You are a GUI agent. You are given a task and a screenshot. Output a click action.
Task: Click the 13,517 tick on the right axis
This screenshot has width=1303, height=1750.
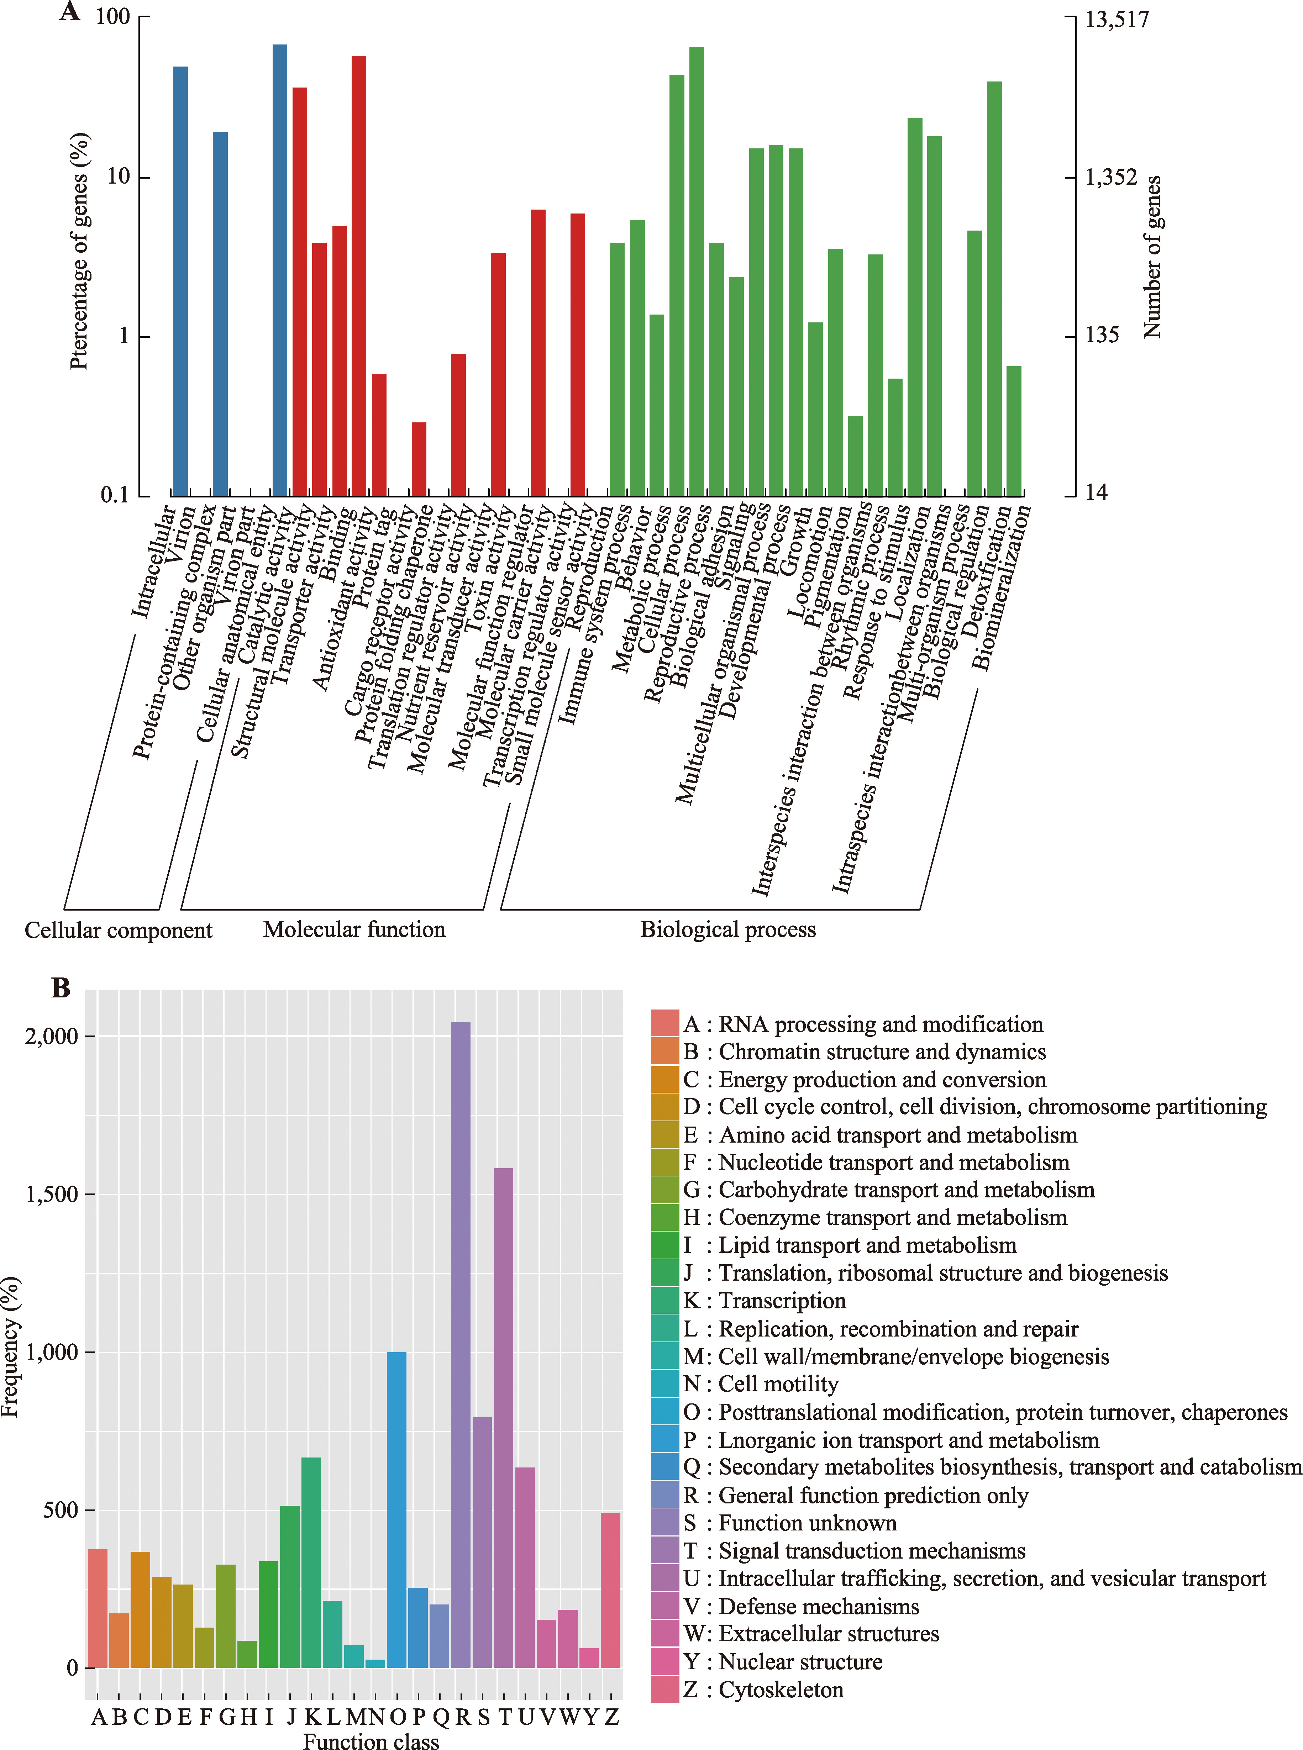[1117, 19]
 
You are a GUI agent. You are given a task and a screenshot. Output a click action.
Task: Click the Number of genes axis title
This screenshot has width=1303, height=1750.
[1152, 257]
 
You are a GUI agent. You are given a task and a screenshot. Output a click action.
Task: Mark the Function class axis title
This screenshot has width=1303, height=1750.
[371, 1741]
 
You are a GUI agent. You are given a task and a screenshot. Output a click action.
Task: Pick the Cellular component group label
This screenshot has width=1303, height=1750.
[118, 931]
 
